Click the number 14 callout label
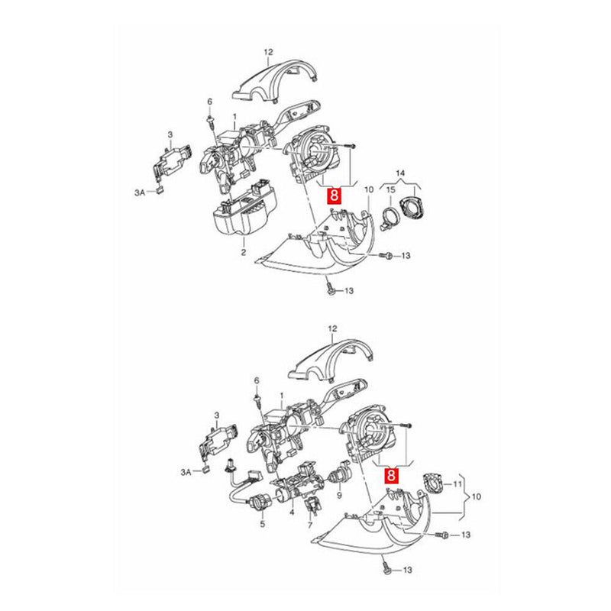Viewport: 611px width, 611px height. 401,175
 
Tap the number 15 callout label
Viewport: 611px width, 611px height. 390,189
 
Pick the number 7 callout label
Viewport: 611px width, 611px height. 310,526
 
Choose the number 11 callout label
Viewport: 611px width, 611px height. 458,484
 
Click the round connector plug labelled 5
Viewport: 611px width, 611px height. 257,504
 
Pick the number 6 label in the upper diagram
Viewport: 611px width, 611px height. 209,102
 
